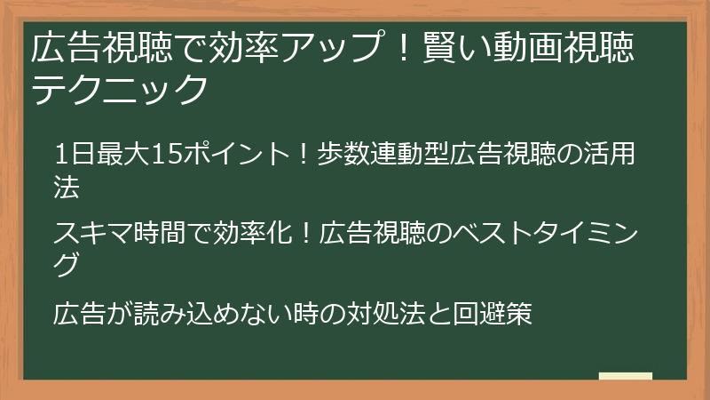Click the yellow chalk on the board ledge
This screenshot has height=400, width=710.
626,377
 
